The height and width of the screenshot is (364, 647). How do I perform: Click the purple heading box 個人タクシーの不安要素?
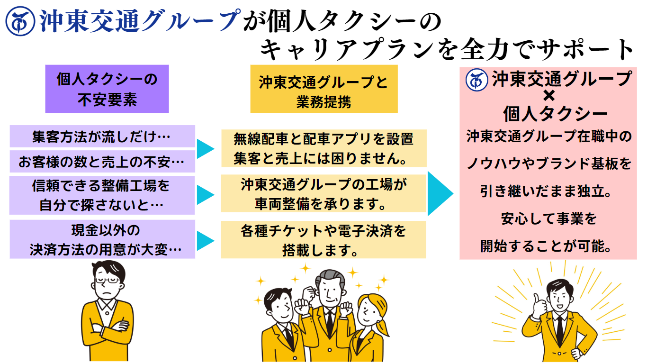(107, 89)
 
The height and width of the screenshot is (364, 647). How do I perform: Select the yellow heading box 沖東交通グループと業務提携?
(323, 89)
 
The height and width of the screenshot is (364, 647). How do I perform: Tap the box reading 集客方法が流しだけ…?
(102, 136)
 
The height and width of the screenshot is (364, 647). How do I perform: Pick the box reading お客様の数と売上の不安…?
(102, 162)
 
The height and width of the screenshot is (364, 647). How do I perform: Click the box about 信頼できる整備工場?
(102, 195)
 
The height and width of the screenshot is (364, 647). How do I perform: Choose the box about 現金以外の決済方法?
(102, 239)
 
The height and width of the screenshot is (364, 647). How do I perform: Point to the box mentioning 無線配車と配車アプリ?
(323, 148)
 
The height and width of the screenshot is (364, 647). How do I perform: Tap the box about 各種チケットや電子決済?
(323, 239)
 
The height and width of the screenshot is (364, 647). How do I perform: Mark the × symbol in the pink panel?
(549, 96)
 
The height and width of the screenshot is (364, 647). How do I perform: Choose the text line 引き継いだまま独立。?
(549, 191)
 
